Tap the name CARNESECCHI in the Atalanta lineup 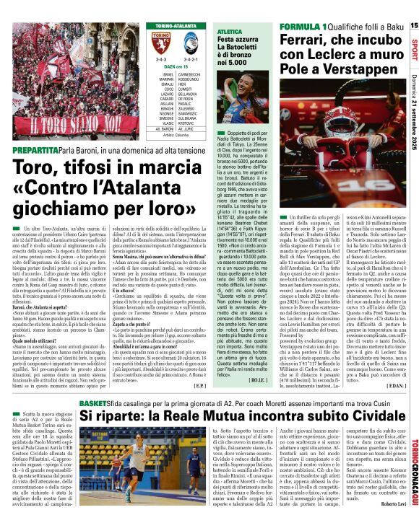point(191,74)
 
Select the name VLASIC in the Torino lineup point(168,123)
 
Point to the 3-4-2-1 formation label point(190,60)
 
